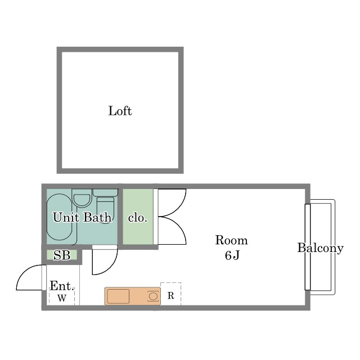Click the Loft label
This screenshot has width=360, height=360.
point(120,111)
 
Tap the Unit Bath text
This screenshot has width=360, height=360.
point(83,217)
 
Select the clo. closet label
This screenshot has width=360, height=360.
point(137,218)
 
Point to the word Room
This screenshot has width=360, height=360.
point(231,240)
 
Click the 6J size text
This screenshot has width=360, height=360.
point(232,255)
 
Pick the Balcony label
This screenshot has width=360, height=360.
point(320,248)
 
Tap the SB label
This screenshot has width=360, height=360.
point(62,255)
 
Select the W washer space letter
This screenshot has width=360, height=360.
point(62,298)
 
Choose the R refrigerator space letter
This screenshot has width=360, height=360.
point(170,296)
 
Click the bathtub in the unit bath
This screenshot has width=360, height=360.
point(59,217)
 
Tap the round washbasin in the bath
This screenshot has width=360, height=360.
point(82,200)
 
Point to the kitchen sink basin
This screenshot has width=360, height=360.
point(118,296)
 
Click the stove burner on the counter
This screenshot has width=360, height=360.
point(153,296)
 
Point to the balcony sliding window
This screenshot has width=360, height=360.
point(308,247)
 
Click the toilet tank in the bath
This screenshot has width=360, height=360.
point(105,192)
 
